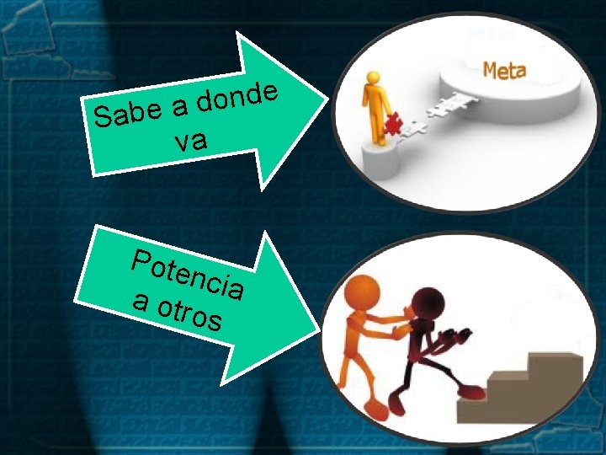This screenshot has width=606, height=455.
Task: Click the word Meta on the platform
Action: point(504,71)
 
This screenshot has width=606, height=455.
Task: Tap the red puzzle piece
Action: point(391,125)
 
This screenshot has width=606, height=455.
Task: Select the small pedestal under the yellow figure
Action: point(379,157)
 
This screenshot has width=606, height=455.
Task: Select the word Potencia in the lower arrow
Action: point(189,270)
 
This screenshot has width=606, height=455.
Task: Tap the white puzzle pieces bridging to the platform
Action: point(433,115)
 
